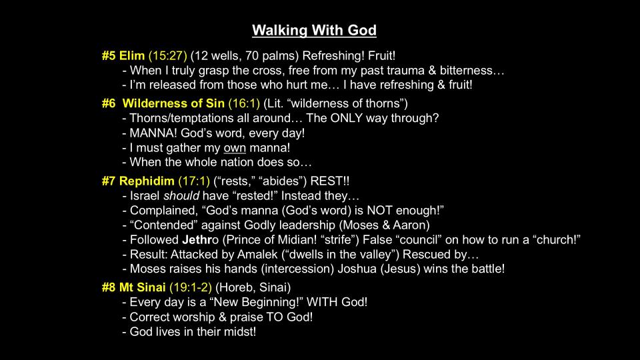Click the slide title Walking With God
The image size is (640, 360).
click(314, 30)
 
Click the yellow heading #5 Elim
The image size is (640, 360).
click(123, 55)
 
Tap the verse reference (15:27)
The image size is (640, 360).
click(168, 56)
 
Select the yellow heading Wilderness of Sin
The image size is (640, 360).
click(173, 103)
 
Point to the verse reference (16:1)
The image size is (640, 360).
click(244, 104)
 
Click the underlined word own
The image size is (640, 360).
click(235, 148)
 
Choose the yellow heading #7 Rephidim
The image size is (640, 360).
click(138, 181)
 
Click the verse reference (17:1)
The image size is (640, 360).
click(194, 181)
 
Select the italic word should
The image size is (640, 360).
click(181, 196)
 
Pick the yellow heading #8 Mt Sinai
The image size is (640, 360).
click(133, 287)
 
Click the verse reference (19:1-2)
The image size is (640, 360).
click(191, 288)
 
